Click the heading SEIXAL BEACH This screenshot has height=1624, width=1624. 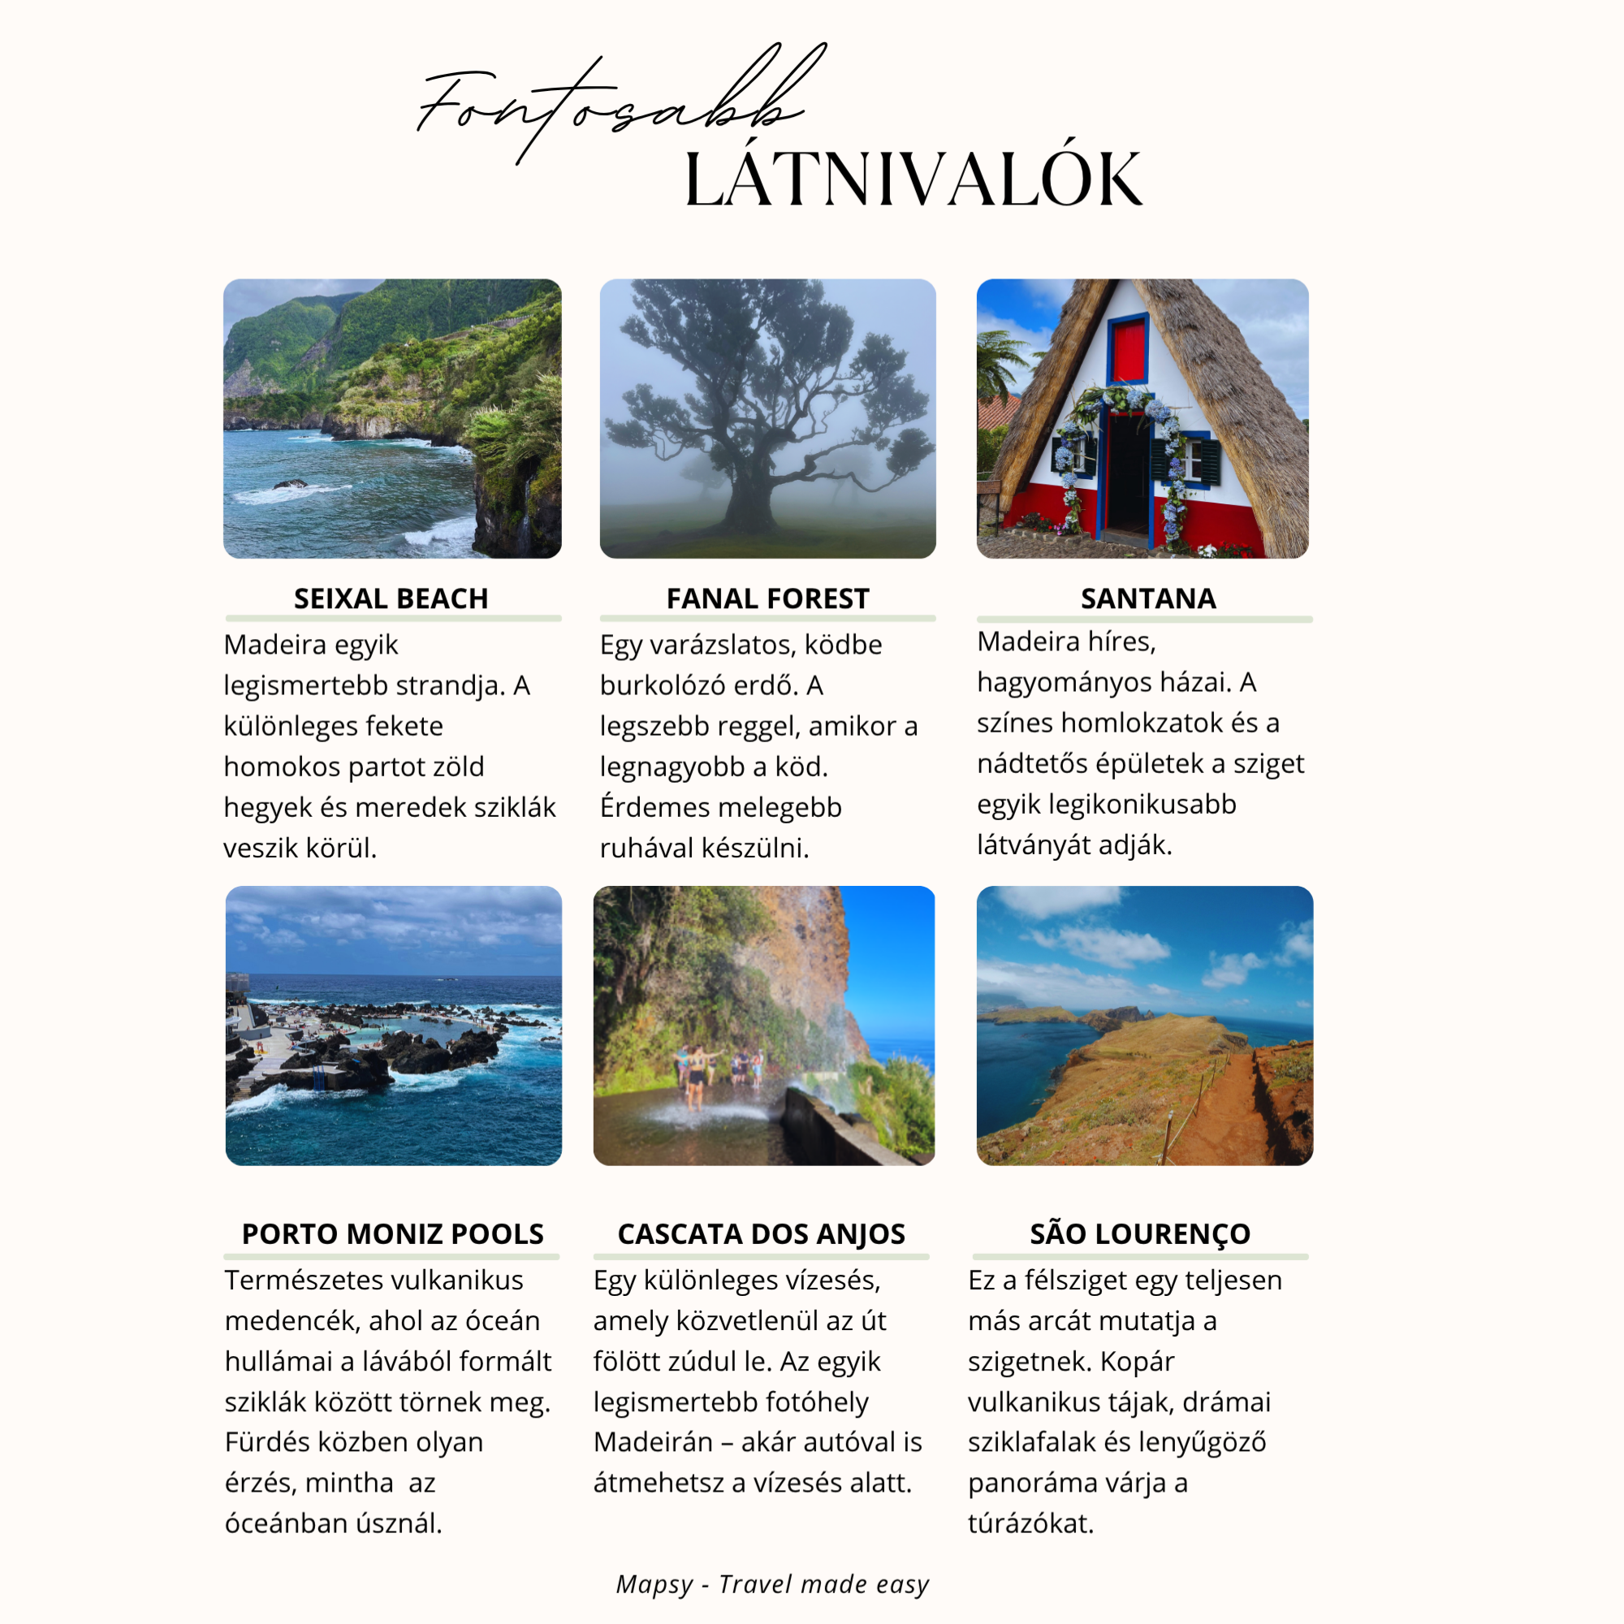[x=391, y=598]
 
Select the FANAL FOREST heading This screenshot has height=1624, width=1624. [x=767, y=598]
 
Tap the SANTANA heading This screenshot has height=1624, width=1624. [x=1148, y=598]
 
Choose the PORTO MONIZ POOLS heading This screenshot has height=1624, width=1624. [x=392, y=1233]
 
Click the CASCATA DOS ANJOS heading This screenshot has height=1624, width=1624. [x=761, y=1233]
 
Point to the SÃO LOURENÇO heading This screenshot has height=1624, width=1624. [x=1140, y=1233]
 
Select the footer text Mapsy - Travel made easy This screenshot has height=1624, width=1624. [x=772, y=1583]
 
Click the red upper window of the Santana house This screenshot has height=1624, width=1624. [x=1128, y=349]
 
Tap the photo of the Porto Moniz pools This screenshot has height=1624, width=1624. [x=393, y=1026]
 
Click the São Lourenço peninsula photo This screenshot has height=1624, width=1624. [x=1144, y=1026]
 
